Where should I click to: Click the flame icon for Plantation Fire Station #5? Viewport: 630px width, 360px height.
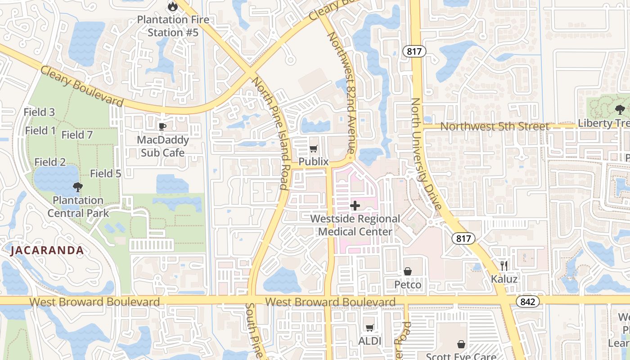point(172,6)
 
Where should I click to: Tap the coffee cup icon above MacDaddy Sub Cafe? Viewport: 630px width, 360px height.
point(162,126)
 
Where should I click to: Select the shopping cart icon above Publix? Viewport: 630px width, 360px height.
point(314,148)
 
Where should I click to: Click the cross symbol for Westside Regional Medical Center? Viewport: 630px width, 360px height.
point(355,206)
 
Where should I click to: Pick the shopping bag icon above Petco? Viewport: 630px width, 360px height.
point(408,271)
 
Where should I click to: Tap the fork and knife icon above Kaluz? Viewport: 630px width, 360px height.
point(504,265)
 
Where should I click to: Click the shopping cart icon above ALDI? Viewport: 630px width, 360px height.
point(369,328)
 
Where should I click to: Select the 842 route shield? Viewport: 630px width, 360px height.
point(527,301)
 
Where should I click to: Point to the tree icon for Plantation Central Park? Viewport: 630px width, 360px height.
point(78,187)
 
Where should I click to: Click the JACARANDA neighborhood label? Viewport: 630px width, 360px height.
point(47,251)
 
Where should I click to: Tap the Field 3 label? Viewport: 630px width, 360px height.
point(39,112)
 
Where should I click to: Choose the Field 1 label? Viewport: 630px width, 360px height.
point(40,130)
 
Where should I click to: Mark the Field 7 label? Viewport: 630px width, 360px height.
point(77,135)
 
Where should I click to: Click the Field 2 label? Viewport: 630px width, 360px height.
point(50,162)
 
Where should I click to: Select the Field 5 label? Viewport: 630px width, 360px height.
point(106,173)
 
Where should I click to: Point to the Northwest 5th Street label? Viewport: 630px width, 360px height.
point(495,126)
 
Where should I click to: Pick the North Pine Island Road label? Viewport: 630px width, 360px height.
point(270,133)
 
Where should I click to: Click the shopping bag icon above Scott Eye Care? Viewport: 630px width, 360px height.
point(461,344)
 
